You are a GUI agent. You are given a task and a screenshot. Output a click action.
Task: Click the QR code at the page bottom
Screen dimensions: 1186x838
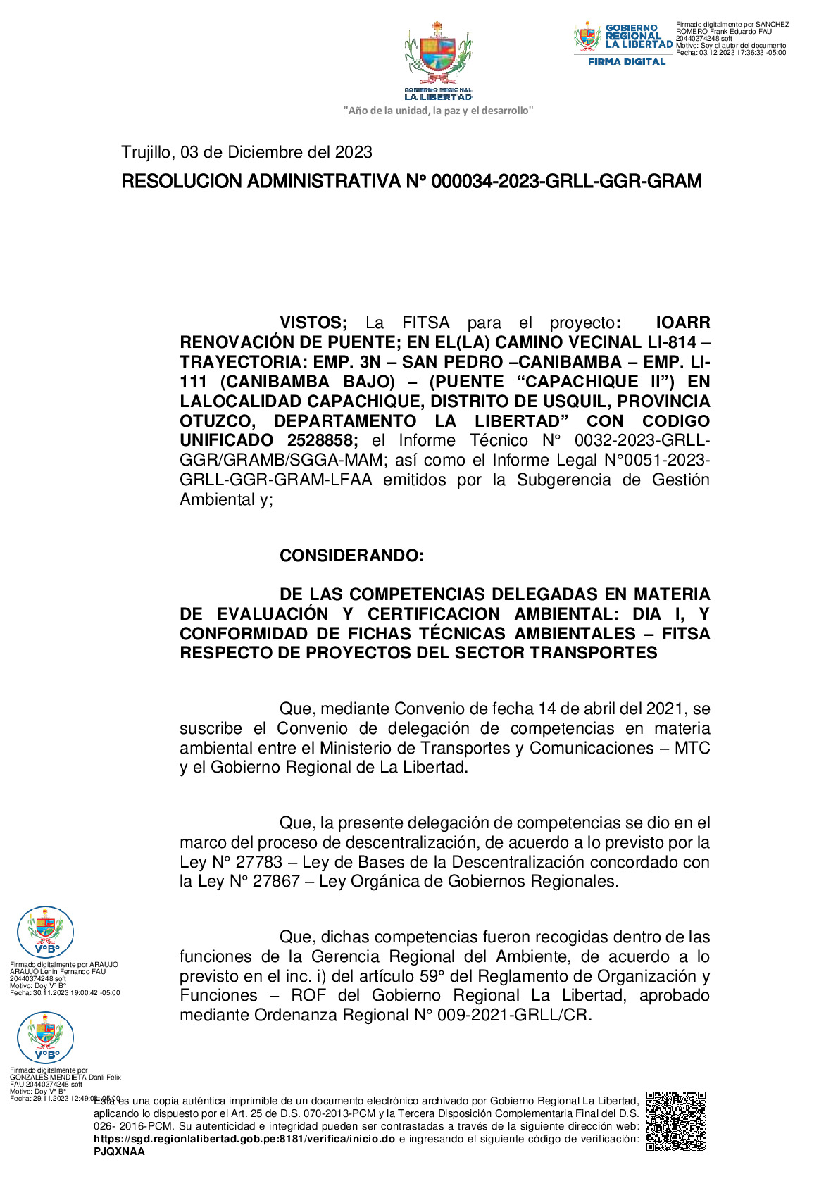point(675,1121)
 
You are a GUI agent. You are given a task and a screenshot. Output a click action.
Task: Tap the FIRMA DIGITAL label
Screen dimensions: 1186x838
point(626,62)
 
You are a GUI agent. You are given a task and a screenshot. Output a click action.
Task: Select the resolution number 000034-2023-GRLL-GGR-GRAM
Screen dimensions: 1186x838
point(566,182)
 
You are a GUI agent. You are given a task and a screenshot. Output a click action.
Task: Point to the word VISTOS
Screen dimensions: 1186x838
point(313,323)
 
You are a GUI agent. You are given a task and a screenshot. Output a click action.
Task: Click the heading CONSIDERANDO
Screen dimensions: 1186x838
point(351,556)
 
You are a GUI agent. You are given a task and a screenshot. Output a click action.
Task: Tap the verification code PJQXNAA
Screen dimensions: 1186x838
point(119,1151)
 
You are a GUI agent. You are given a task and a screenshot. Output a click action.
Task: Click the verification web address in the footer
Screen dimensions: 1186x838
point(244,1139)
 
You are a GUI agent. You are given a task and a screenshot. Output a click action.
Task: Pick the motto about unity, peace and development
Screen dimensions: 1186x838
point(438,111)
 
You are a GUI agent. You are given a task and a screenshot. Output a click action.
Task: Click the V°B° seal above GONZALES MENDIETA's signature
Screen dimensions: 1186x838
point(45,1037)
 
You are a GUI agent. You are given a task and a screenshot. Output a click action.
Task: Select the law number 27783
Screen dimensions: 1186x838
point(258,862)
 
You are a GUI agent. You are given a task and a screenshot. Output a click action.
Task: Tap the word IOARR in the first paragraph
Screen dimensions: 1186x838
point(682,323)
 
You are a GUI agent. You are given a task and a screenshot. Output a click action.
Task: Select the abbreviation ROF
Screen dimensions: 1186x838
point(308,995)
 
